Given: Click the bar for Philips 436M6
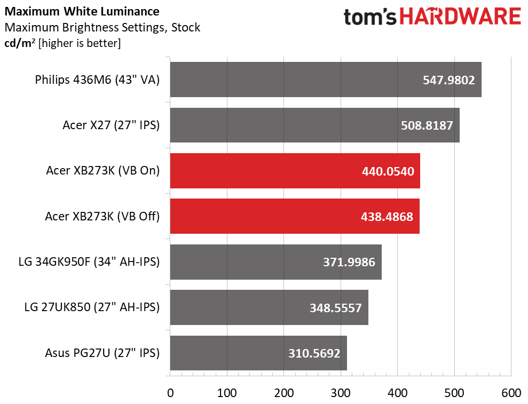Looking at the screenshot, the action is [x=326, y=80].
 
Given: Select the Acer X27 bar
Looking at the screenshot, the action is [x=315, y=125].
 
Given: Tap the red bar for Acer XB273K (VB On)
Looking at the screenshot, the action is [x=295, y=171].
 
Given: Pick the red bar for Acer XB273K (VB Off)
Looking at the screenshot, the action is [x=295, y=216].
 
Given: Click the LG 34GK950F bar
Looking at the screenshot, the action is [x=276, y=262].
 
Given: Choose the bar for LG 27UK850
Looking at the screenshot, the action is [x=269, y=307].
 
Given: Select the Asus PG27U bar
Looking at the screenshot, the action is [x=258, y=353].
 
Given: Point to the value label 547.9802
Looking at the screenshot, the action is [x=448, y=80].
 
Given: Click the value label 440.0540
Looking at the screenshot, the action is [x=388, y=171].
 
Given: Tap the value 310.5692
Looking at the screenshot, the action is [x=314, y=353].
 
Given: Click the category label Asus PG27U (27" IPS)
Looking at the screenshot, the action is [x=103, y=353].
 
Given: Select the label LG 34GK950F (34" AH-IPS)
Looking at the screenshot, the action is [x=89, y=262].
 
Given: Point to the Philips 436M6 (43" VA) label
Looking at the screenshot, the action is [x=97, y=80].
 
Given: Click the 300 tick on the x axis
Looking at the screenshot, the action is [x=341, y=393].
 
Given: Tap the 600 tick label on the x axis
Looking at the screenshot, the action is [x=511, y=393].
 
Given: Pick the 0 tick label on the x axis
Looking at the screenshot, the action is [x=170, y=393].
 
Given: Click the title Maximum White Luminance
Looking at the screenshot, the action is [x=82, y=11].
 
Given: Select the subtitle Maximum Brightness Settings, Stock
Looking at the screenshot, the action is [x=103, y=28].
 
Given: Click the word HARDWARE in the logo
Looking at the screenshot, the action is [x=460, y=17].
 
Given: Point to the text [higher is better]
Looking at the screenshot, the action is [x=80, y=43].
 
